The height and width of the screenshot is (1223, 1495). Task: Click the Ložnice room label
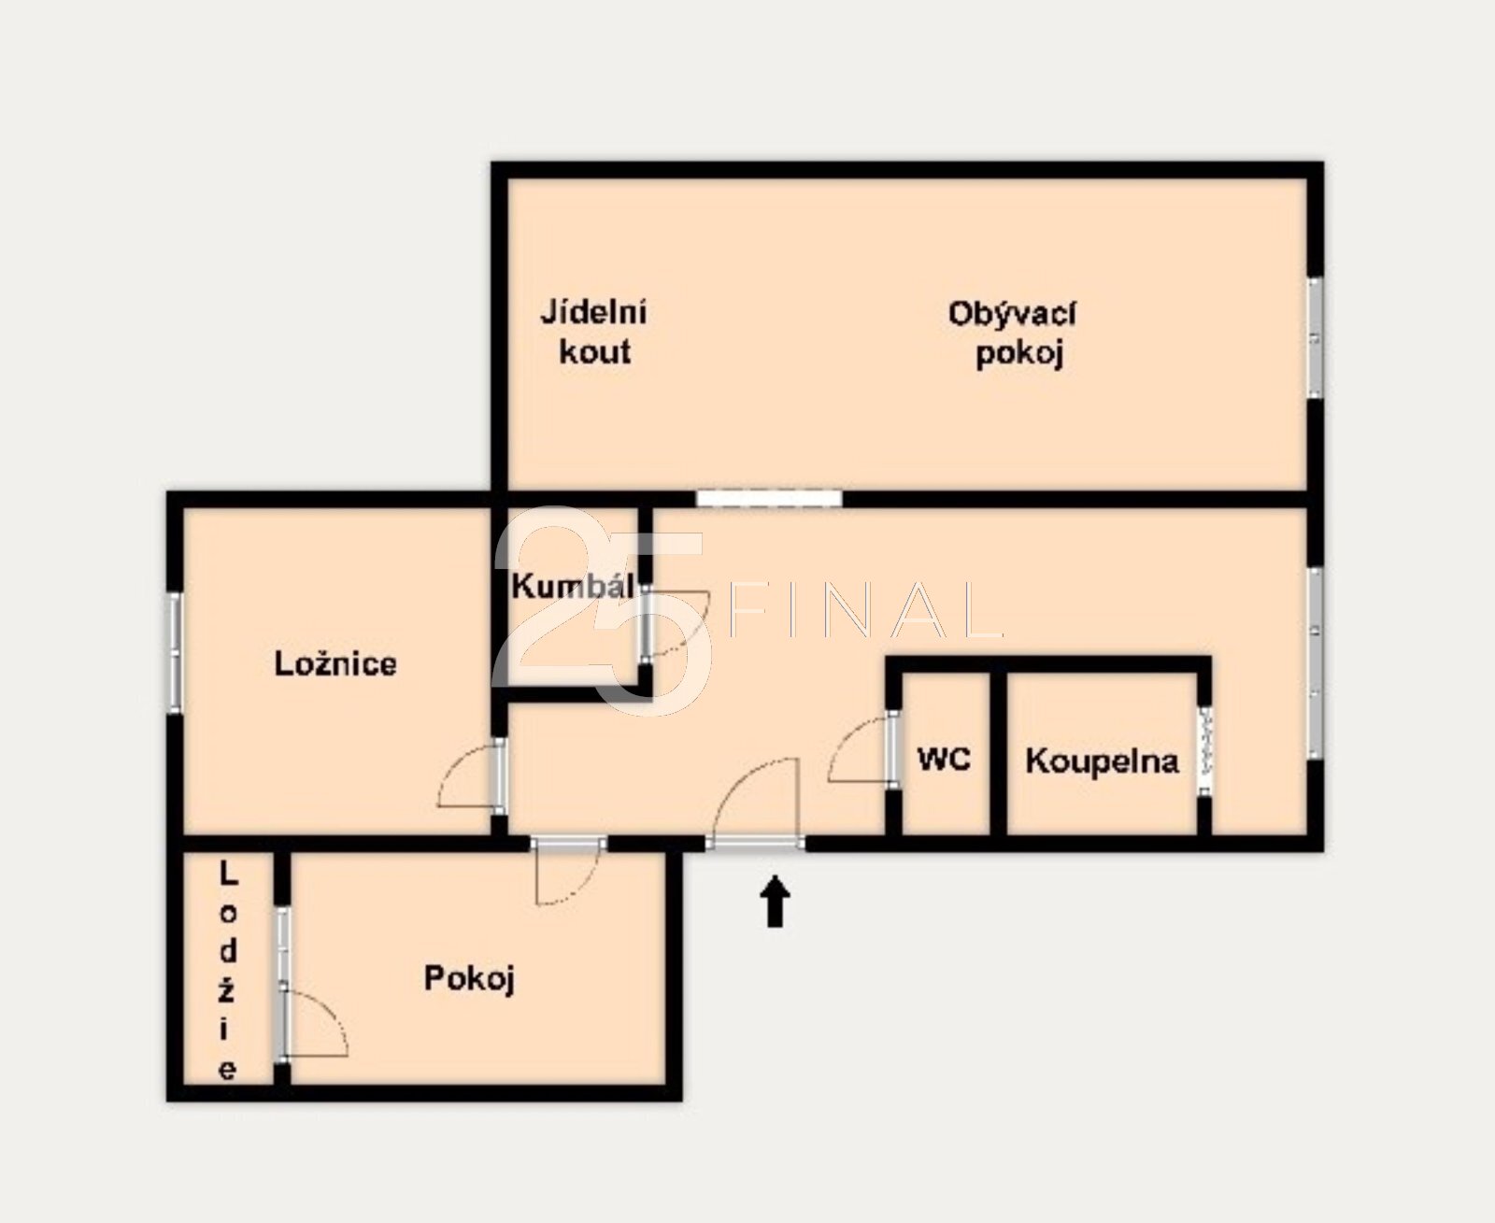coord(335,664)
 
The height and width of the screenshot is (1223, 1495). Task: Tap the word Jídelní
coord(594,313)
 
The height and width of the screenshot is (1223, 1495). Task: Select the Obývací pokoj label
coord(1013,334)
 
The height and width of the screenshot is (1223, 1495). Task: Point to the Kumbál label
coord(572,587)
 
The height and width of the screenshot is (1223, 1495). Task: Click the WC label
coord(944,760)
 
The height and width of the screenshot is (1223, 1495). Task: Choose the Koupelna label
coord(1103,761)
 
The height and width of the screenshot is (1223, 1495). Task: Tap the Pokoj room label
coord(468,979)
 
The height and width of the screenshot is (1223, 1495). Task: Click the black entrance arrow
coord(776,901)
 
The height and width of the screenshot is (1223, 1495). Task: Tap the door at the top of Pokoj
coord(568,874)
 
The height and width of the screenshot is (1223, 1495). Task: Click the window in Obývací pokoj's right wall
coord(1316,337)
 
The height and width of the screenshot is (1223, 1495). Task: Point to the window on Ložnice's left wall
coord(175,652)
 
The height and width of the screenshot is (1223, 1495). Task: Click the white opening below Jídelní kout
coord(769,498)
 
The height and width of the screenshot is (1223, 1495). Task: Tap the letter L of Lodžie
coord(227,875)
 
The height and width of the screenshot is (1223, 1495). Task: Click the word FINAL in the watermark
coord(865,609)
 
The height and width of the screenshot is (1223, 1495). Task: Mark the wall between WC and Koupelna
coord(998,752)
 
